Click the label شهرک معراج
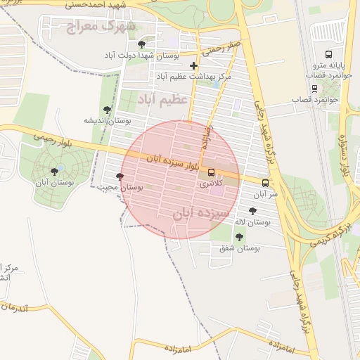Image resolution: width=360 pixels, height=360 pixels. (x=90, y=27)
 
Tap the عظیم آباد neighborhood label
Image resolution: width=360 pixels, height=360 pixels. (x=162, y=98)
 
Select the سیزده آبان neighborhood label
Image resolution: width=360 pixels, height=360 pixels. (x=202, y=211)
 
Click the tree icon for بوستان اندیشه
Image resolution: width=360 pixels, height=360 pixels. (x=106, y=110)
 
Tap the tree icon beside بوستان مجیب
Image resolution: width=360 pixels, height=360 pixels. (x=120, y=177)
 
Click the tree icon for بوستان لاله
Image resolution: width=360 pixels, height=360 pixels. (x=252, y=211)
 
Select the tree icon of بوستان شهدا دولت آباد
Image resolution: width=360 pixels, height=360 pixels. (x=141, y=44)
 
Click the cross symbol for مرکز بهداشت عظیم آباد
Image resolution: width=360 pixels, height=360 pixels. (x=194, y=65)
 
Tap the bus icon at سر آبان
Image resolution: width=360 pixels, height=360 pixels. (x=265, y=182)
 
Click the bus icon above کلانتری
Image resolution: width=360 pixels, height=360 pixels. (x=211, y=173)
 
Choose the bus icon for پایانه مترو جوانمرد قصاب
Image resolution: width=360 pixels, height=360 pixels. (x=328, y=55)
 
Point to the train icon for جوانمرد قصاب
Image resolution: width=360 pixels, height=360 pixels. (x=314, y=88)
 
